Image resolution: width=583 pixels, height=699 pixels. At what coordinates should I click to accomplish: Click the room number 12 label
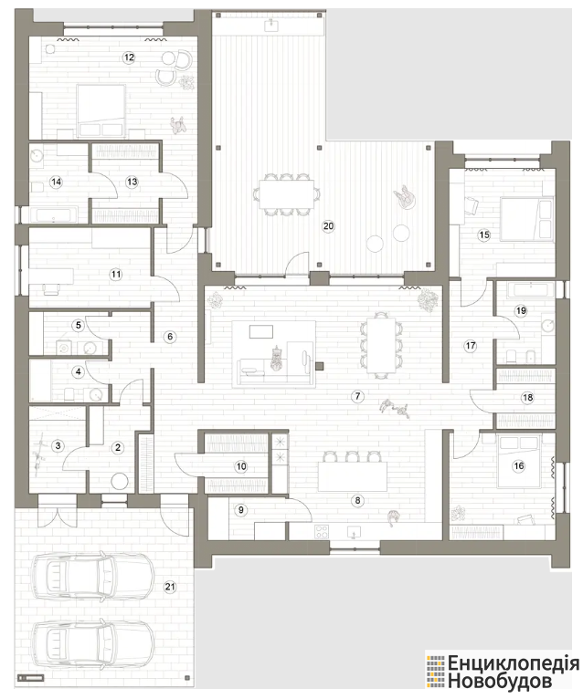click(129, 57)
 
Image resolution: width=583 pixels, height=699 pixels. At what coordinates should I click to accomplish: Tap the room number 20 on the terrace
click(328, 226)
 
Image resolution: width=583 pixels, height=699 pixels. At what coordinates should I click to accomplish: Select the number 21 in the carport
click(170, 587)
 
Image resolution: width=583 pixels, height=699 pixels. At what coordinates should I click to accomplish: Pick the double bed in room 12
click(101, 110)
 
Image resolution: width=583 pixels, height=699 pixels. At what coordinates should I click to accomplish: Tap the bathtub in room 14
click(54, 214)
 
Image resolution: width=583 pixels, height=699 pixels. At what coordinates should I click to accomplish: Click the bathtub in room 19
click(533, 290)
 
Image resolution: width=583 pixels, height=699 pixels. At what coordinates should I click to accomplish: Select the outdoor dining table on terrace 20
click(286, 194)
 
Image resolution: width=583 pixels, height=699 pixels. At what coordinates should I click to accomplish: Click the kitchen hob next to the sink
click(322, 531)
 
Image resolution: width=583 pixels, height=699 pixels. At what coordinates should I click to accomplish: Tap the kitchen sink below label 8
click(354, 532)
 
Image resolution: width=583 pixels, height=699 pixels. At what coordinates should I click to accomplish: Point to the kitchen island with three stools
click(352, 476)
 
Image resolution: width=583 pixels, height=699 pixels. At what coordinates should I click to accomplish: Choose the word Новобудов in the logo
click(500, 682)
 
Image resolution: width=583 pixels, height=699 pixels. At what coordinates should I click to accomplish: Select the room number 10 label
click(241, 466)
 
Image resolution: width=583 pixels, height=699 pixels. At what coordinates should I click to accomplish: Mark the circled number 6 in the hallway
click(170, 337)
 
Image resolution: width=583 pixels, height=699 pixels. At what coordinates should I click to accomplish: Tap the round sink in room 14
click(37, 155)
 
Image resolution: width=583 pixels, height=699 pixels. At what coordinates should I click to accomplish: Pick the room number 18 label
click(527, 397)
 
